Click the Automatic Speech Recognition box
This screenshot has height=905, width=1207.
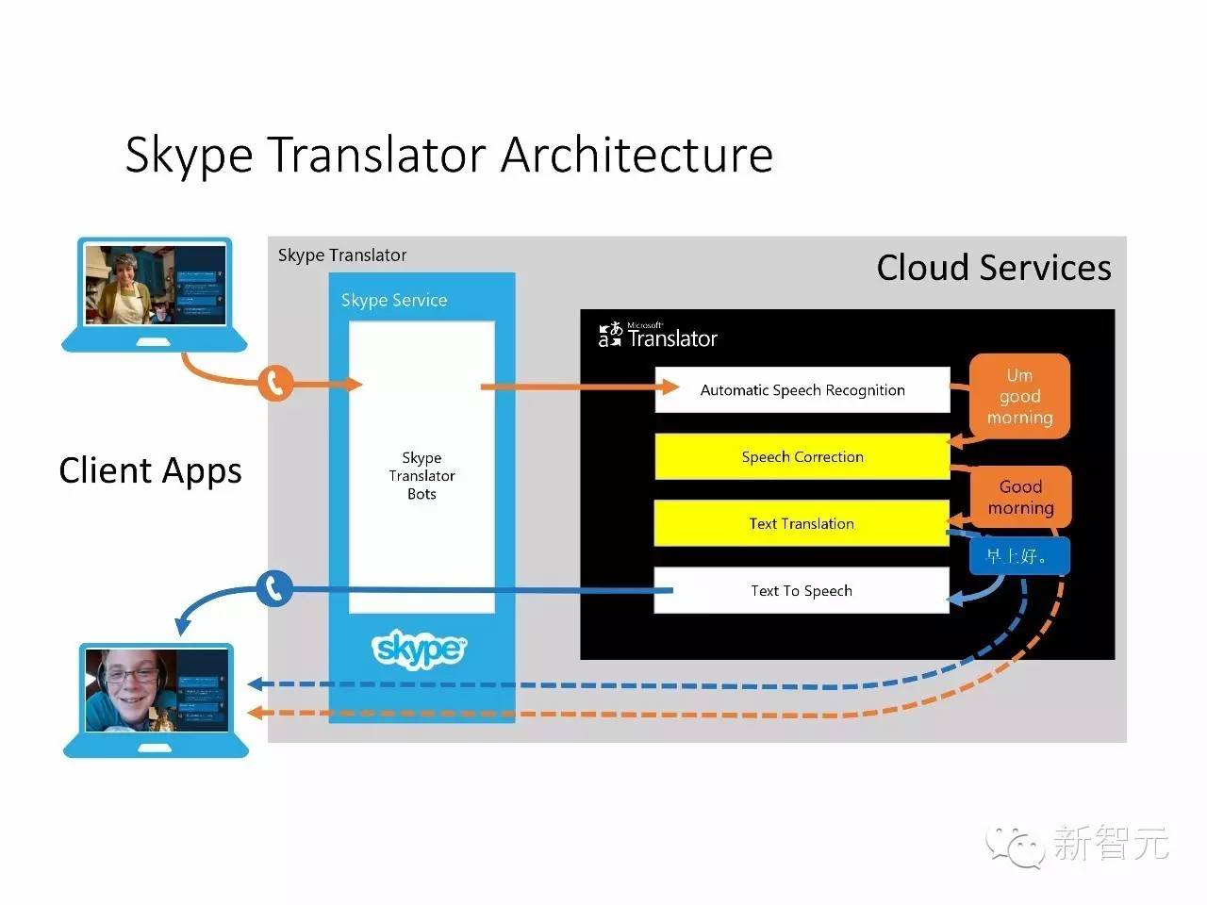[x=802, y=390]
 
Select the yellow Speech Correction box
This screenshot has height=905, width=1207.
[x=802, y=457]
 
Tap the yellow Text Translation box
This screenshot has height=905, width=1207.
[x=802, y=524]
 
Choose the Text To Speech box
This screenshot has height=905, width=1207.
[x=802, y=591]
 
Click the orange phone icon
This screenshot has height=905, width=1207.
[x=275, y=383]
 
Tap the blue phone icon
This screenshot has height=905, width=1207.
[x=274, y=589]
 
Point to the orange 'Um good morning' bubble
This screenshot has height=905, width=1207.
[x=1019, y=396]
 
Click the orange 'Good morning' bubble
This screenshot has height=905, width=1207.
[x=1020, y=497]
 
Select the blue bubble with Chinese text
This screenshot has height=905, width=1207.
[x=1018, y=556]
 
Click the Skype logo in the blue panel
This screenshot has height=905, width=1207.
[x=420, y=649]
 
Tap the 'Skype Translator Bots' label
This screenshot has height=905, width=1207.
[x=422, y=476]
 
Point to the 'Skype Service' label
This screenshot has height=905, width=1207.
[x=394, y=301]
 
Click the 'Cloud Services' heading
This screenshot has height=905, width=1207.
[x=994, y=268]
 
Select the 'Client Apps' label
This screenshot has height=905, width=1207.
[x=150, y=470]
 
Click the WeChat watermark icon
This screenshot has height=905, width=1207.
[x=1015, y=845]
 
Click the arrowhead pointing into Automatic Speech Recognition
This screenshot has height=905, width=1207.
[x=670, y=387]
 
